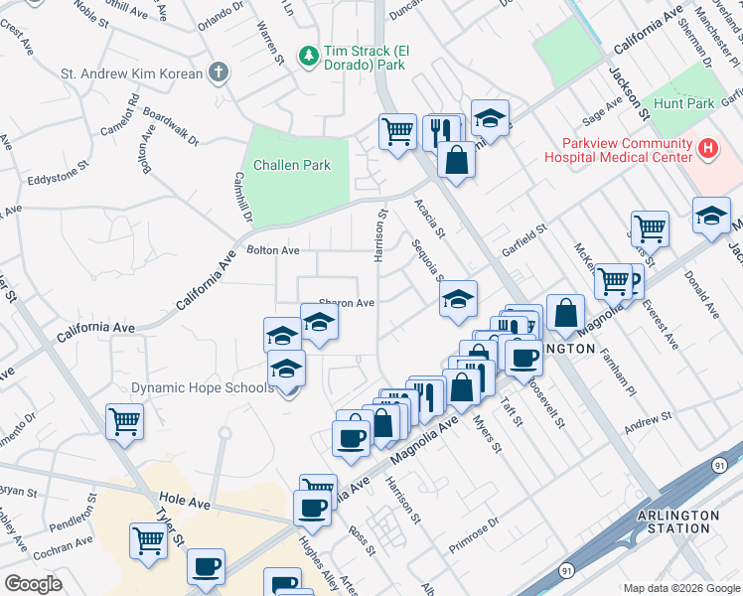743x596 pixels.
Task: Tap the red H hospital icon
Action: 707,149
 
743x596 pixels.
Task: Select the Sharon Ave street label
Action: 346,303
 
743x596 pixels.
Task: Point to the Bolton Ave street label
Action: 273,250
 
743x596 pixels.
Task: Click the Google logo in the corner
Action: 34,584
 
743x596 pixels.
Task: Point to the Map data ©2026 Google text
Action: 681,588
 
